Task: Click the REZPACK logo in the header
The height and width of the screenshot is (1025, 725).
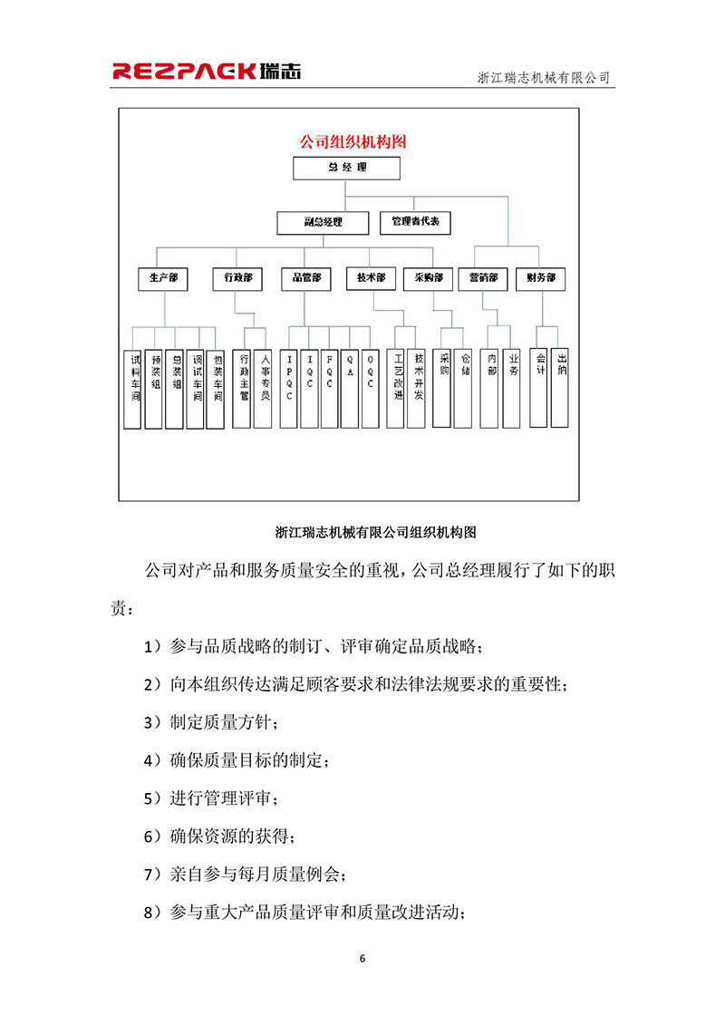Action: click(207, 72)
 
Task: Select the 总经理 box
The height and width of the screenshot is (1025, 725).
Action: click(333, 169)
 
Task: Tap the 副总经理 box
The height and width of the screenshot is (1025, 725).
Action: click(323, 222)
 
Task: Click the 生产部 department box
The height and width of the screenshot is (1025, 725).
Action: click(163, 279)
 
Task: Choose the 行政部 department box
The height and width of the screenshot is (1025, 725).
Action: click(237, 279)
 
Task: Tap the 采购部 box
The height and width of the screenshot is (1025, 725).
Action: click(428, 278)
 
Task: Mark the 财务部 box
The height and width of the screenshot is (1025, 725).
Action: click(540, 279)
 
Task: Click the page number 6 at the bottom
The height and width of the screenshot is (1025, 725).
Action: click(362, 958)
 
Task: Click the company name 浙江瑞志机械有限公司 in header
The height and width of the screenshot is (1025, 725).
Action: click(544, 78)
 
